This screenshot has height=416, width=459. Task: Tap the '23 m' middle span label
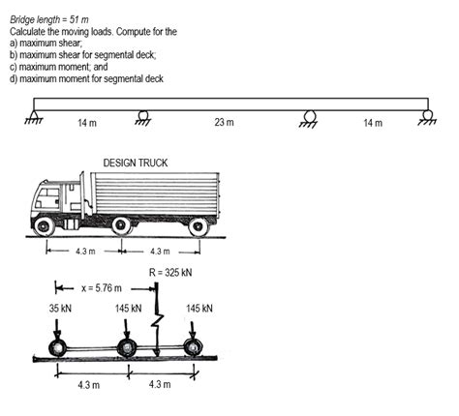click(225, 124)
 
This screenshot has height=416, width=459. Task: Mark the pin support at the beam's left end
click(35, 116)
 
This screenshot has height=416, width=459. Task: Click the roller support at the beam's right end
click(427, 116)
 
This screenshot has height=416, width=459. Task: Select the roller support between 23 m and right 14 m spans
click(310, 116)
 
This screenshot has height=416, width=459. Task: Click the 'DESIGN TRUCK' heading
click(135, 163)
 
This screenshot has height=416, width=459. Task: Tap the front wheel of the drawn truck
click(44, 227)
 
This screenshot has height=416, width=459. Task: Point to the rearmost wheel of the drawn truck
click(199, 227)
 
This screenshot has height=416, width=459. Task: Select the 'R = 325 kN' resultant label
click(170, 272)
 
